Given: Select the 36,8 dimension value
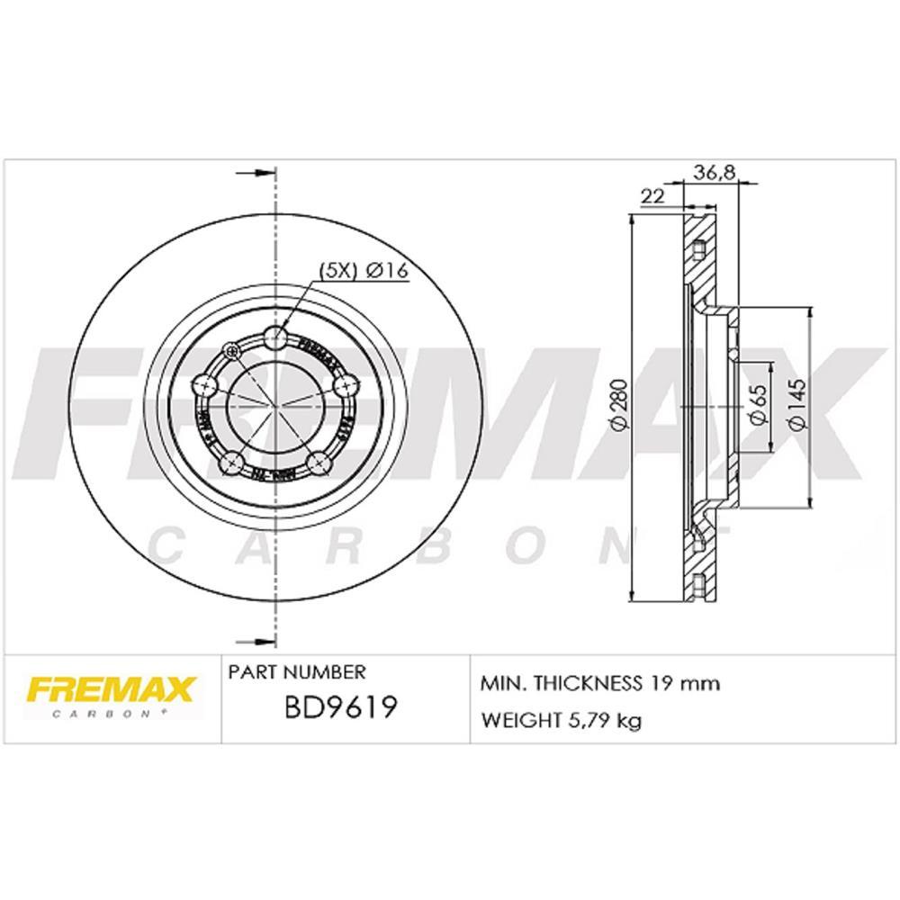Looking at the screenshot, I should coord(710,173).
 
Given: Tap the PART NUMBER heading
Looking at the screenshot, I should coord(297,672).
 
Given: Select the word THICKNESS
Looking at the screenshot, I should coord(585,683).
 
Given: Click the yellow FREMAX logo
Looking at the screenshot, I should coord(111,689).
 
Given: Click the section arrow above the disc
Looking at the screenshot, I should coord(255,172).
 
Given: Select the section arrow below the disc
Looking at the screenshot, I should coord(255,642).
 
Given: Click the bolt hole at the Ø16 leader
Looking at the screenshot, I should coord(276,338).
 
